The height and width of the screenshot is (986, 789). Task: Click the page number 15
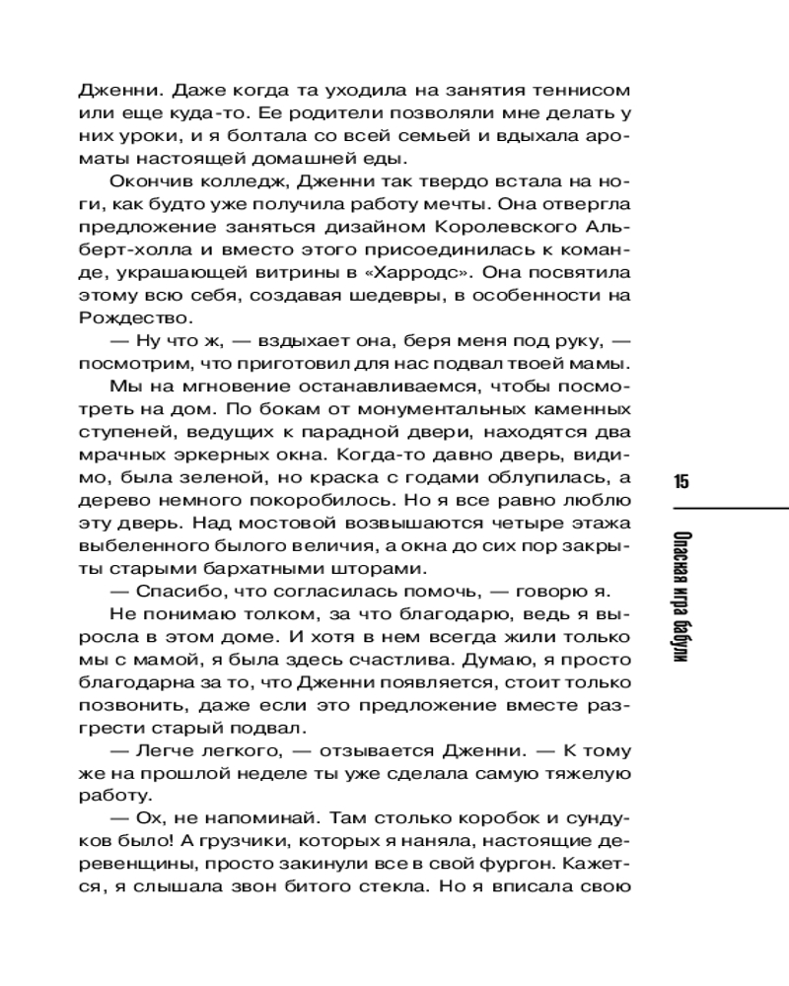[x=681, y=481]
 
